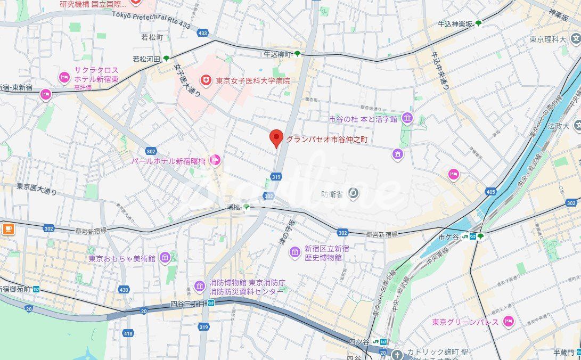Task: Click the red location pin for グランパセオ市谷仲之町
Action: (x=276, y=138)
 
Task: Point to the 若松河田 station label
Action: (x=146, y=59)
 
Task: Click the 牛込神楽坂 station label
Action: (x=455, y=23)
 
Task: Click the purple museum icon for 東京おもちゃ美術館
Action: (x=165, y=258)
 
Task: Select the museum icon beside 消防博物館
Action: (x=199, y=287)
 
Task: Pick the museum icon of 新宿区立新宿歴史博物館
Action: (x=294, y=252)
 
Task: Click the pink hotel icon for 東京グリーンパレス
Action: (x=509, y=321)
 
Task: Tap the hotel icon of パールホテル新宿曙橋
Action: (x=215, y=159)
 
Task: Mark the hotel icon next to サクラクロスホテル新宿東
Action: (x=64, y=78)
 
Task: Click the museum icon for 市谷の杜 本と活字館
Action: (x=407, y=118)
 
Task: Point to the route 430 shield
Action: (x=124, y=290)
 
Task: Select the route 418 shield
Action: (x=128, y=333)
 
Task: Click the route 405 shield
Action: (x=490, y=191)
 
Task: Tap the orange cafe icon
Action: (x=8, y=229)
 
